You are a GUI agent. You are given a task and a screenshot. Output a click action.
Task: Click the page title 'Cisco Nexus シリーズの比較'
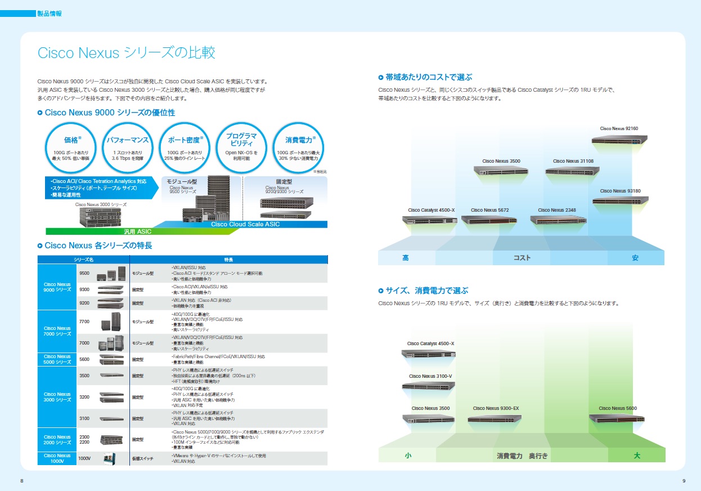(x=126, y=53)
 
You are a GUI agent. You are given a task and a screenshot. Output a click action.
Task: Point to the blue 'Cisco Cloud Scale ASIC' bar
(x=245, y=224)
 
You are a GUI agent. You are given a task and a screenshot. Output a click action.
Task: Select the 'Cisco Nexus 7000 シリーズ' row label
(x=57, y=331)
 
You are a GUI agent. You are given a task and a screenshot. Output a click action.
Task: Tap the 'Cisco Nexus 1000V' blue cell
(x=57, y=458)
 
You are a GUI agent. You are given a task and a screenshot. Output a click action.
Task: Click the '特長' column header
(x=228, y=260)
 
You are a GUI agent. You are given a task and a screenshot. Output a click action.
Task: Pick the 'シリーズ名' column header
(x=83, y=260)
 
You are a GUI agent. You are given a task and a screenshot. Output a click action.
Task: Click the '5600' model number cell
(x=84, y=359)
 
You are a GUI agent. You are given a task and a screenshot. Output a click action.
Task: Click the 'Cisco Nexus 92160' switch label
(x=619, y=128)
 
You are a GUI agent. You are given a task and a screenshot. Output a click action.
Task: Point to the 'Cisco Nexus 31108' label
(x=573, y=161)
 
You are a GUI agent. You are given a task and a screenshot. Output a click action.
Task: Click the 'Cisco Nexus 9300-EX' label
(x=496, y=408)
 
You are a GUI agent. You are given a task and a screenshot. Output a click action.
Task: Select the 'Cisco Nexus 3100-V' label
(x=430, y=376)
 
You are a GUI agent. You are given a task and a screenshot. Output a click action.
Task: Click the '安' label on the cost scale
(x=635, y=258)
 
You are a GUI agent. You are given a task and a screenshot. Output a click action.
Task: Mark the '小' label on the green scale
(x=408, y=456)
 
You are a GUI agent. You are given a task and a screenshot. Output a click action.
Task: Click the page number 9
(x=683, y=480)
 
